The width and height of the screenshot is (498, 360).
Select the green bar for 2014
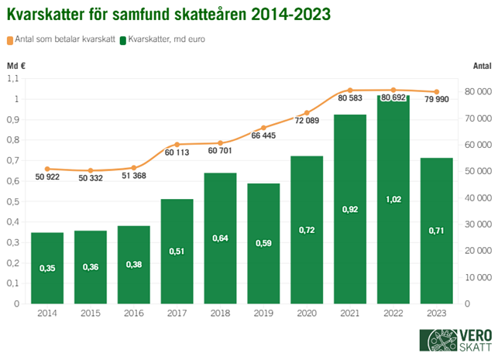[47, 268]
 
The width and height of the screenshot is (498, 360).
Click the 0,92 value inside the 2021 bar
[349, 209]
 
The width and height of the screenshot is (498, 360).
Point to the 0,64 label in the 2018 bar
[220, 238]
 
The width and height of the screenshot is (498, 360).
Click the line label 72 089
[306, 122]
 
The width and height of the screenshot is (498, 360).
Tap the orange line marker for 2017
[177, 145]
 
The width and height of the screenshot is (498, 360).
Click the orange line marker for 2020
[307, 113]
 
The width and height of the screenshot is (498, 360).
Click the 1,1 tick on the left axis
[12, 78]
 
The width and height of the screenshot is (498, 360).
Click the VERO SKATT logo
[452, 341]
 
